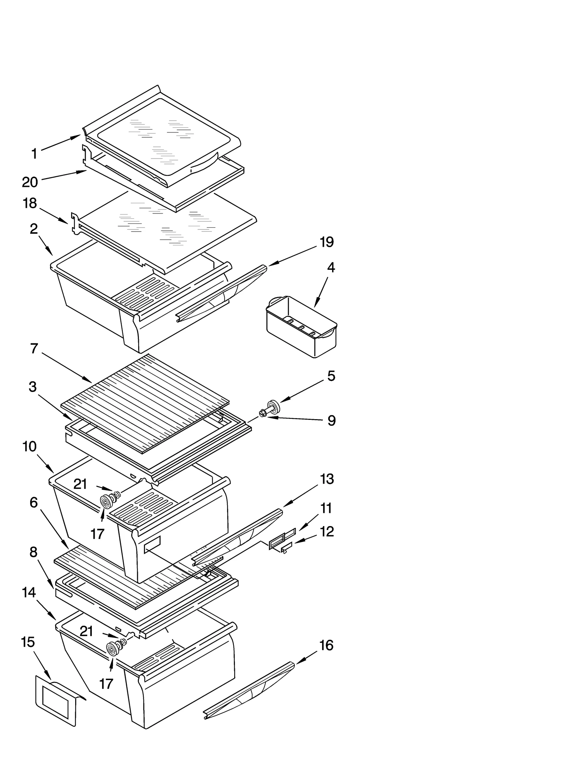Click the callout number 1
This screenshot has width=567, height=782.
pos(34,154)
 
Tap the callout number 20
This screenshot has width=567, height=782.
pos(30,182)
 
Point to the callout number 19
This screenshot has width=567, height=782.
pos(326,242)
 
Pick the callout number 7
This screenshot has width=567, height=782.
pos(34,349)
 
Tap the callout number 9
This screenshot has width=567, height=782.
pos(331,421)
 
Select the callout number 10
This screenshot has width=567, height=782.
pos(29,447)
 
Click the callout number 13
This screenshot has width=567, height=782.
pos(326,479)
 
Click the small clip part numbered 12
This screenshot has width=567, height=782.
pos(286,548)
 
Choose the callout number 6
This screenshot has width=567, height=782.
pos(34,502)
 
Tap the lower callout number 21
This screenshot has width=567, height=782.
pos(86,631)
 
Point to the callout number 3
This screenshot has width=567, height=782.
pos(33,387)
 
